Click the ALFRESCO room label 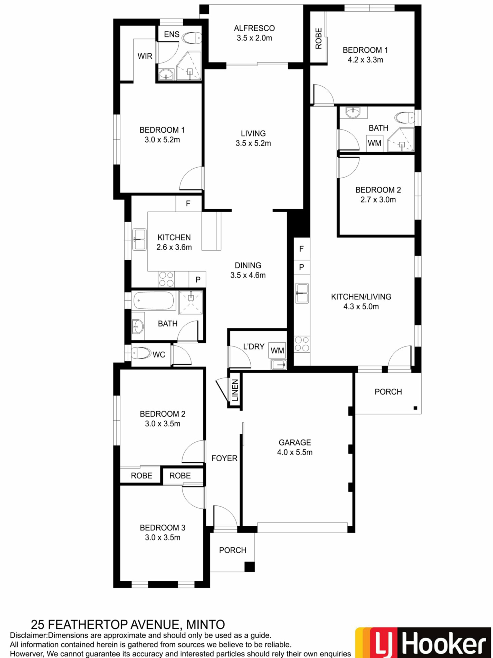coord(254,28)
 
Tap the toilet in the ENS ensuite coord(192,38)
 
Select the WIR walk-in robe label coord(145,56)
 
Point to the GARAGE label coord(295,442)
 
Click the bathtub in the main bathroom coord(154,300)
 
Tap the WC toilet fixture coord(141,353)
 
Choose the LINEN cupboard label coord(235,390)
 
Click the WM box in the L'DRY coord(277,351)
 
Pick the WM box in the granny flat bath coord(374,143)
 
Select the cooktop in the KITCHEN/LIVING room coord(302,344)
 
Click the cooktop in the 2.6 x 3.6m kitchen coord(166,279)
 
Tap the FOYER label coord(224,458)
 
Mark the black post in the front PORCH coord(250,567)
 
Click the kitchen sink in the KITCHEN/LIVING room coord(302,293)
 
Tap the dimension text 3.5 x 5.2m coord(253,143)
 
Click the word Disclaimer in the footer coord(29,635)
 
